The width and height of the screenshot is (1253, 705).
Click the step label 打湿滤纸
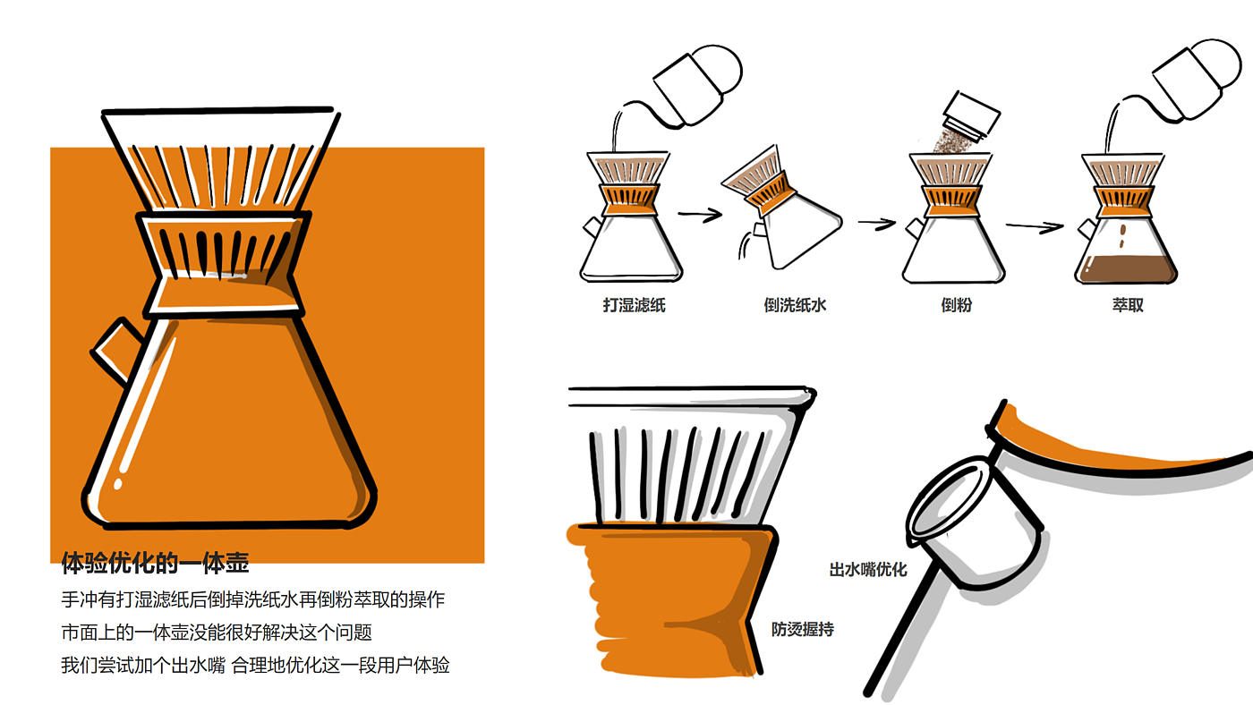point(634,305)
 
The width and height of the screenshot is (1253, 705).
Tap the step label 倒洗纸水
point(795,305)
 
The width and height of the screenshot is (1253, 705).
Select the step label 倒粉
point(956,305)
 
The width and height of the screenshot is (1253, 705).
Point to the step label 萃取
point(1128,305)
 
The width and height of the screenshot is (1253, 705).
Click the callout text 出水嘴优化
point(868,570)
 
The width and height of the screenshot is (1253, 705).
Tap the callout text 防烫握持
point(803,630)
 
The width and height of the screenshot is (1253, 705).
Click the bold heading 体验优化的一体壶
point(155,563)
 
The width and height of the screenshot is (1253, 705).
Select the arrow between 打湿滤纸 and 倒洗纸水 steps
point(700,214)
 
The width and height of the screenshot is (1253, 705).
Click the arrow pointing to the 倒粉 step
point(876,224)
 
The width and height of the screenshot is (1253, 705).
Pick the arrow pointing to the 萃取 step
point(1035,225)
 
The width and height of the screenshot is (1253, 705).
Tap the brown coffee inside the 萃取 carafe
point(1126,268)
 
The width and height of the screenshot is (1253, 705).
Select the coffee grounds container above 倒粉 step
point(970,115)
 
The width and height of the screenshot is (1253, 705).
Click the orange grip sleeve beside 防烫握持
point(671,601)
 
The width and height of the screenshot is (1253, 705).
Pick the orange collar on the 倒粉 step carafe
point(950,201)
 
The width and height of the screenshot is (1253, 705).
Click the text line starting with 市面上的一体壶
point(217,633)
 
